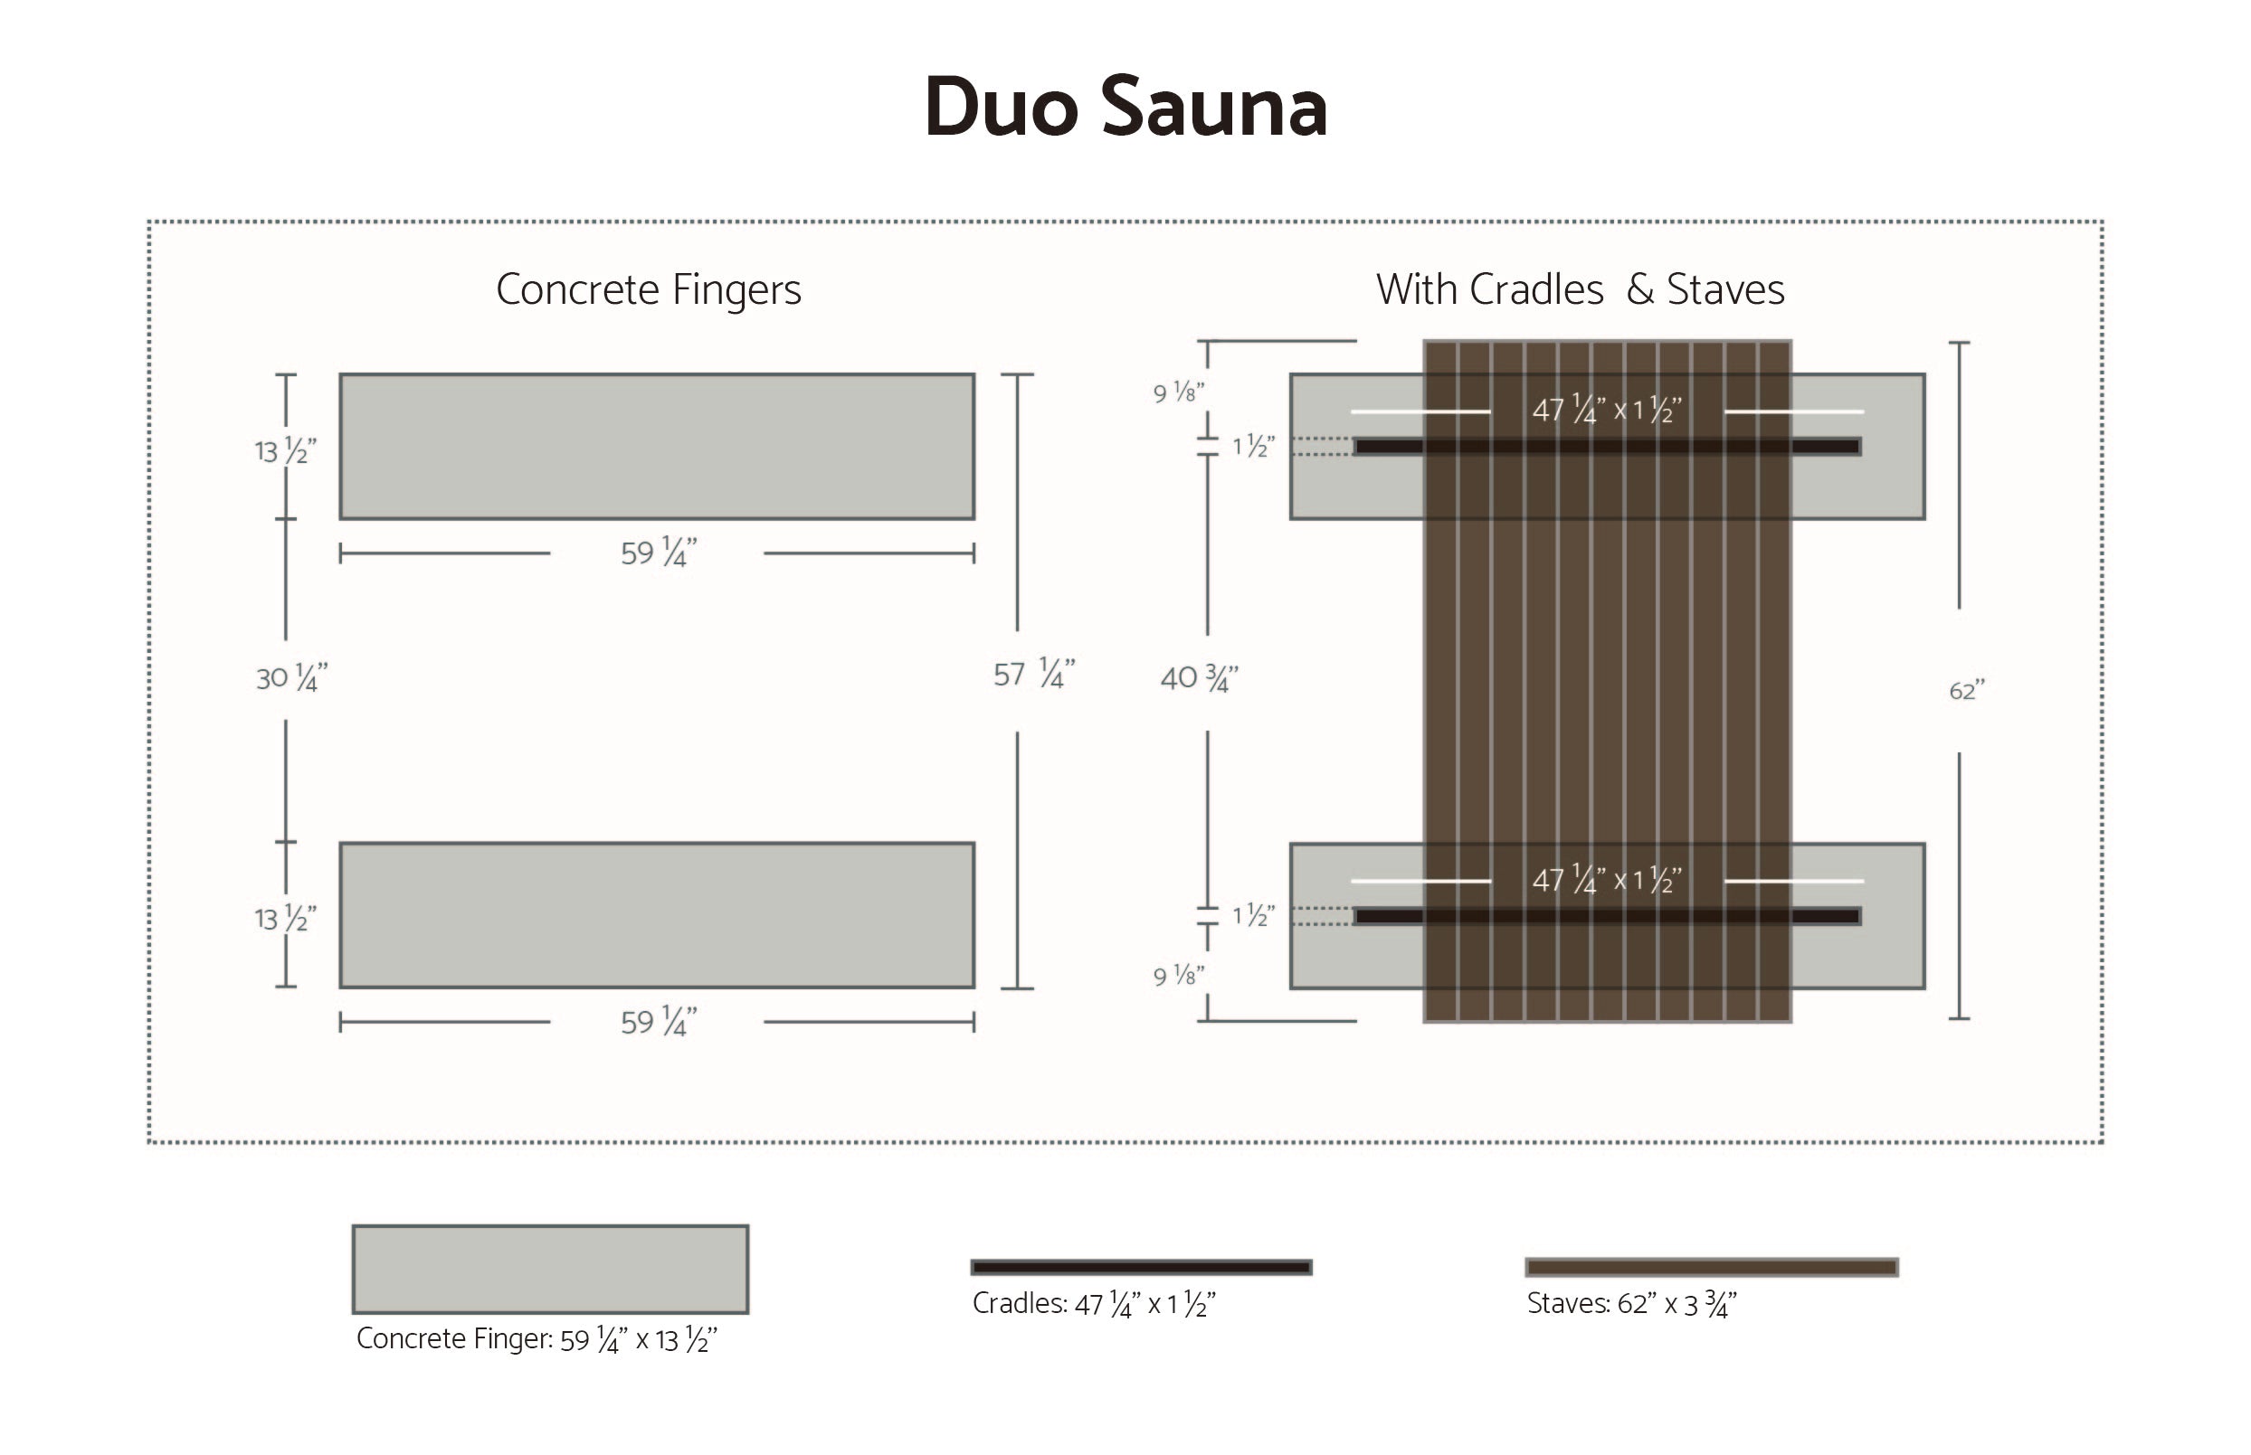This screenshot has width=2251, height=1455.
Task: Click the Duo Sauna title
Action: coord(1125,107)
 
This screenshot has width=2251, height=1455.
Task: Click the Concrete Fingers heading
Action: coord(649,289)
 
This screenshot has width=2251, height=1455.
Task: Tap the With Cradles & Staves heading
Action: coord(1579,289)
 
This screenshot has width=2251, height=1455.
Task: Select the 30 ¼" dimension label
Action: coord(291,677)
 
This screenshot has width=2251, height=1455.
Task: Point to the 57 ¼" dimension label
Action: coord(1033,674)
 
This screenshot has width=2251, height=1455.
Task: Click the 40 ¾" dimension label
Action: coord(1198,677)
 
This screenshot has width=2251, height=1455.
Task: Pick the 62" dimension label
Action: coord(1966,691)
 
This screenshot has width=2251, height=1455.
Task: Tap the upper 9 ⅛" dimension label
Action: coord(1178,392)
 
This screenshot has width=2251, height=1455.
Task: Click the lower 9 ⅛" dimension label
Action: coord(1178,975)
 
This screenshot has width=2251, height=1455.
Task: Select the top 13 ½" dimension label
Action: coord(285,450)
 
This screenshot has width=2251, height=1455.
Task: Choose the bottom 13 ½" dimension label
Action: coord(285,919)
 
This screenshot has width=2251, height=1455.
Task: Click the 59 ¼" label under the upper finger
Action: coord(658,553)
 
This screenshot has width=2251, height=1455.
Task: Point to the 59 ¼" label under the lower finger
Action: coord(658,1021)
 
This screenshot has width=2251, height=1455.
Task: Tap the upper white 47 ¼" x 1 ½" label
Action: coord(1607,410)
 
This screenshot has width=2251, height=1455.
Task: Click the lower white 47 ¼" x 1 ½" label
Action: coord(1607,880)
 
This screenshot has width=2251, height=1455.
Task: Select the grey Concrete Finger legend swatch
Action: coord(550,1269)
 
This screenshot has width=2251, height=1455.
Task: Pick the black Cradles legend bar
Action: coord(1141,1267)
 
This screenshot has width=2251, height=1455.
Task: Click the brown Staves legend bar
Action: coord(1711,1267)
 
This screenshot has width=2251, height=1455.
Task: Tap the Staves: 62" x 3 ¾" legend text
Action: coord(1631,1304)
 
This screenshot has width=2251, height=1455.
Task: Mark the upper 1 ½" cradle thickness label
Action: coord(1253,446)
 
